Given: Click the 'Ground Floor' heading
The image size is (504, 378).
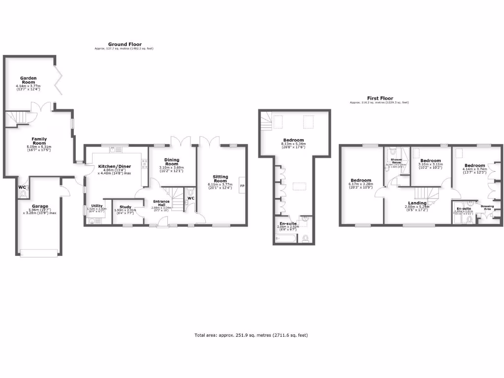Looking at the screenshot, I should coord(125,44).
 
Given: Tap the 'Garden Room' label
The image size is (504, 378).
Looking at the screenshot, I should coord(28,80).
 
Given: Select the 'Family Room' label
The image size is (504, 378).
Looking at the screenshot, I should coord(39,141).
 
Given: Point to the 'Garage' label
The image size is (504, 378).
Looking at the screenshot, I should coord(40,206).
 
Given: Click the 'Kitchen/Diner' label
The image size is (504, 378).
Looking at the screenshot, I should coord(113,167).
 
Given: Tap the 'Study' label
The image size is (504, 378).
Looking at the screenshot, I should coord(125,207).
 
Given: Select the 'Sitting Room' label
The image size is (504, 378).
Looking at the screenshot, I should coord(220,179).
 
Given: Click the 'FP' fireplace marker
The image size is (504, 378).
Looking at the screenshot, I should coord(242,186).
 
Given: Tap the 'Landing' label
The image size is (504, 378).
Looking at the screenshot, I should coord(417,203).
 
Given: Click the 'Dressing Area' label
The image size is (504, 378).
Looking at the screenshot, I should coord(487,207).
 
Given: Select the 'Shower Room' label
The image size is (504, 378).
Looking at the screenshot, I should coord(396,161).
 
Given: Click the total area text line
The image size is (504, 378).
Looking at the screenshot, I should coord(251,335).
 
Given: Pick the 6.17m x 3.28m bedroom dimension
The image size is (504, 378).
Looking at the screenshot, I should coord(361,185).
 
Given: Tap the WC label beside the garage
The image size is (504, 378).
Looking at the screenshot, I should coord(22,188).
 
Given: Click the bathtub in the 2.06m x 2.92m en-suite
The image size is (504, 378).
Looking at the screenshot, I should coord(286,239).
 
